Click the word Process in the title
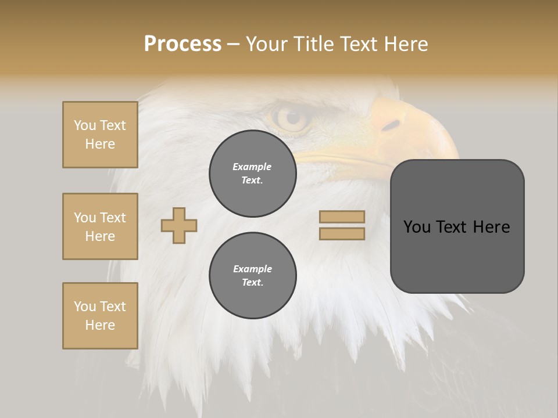point(183,44)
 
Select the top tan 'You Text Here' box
point(100,135)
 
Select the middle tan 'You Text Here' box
point(100,226)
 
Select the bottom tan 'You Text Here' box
point(100,316)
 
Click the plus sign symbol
point(179,225)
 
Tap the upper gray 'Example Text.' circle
point(252,173)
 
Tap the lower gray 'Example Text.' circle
point(252,275)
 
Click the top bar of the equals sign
point(342,217)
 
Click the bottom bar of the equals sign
point(342,234)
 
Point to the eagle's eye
point(291,118)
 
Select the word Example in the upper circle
point(252,167)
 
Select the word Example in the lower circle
point(252,269)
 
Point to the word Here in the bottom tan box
point(100,325)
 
